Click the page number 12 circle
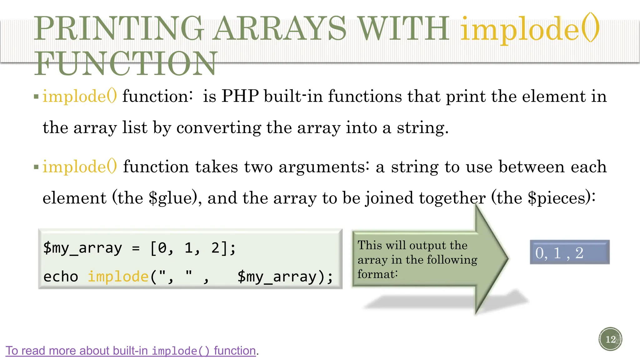(610, 339)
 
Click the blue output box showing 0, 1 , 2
(569, 252)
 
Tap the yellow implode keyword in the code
(118, 277)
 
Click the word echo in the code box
(61, 277)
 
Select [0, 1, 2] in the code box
(193, 248)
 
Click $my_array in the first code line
(82, 248)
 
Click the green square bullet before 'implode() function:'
(36, 97)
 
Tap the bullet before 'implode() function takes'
(36, 167)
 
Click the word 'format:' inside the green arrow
(377, 274)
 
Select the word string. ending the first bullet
(422, 128)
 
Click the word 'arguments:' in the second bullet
(324, 167)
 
